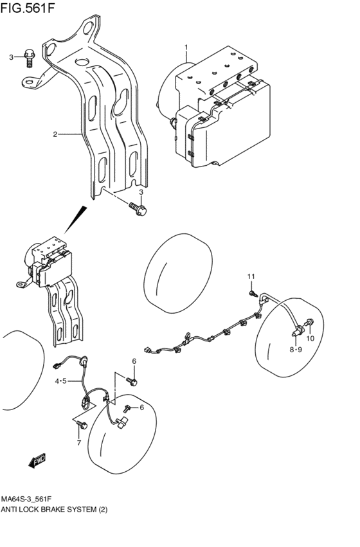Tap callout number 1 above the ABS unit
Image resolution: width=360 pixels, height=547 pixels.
click(186, 47)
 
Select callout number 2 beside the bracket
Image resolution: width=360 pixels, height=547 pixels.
click(55, 134)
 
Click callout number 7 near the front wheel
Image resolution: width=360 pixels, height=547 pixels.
click(78, 443)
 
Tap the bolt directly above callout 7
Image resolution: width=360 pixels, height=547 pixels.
click(81, 424)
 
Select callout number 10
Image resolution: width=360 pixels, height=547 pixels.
click(310, 338)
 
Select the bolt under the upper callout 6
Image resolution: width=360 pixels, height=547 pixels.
click(134, 381)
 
